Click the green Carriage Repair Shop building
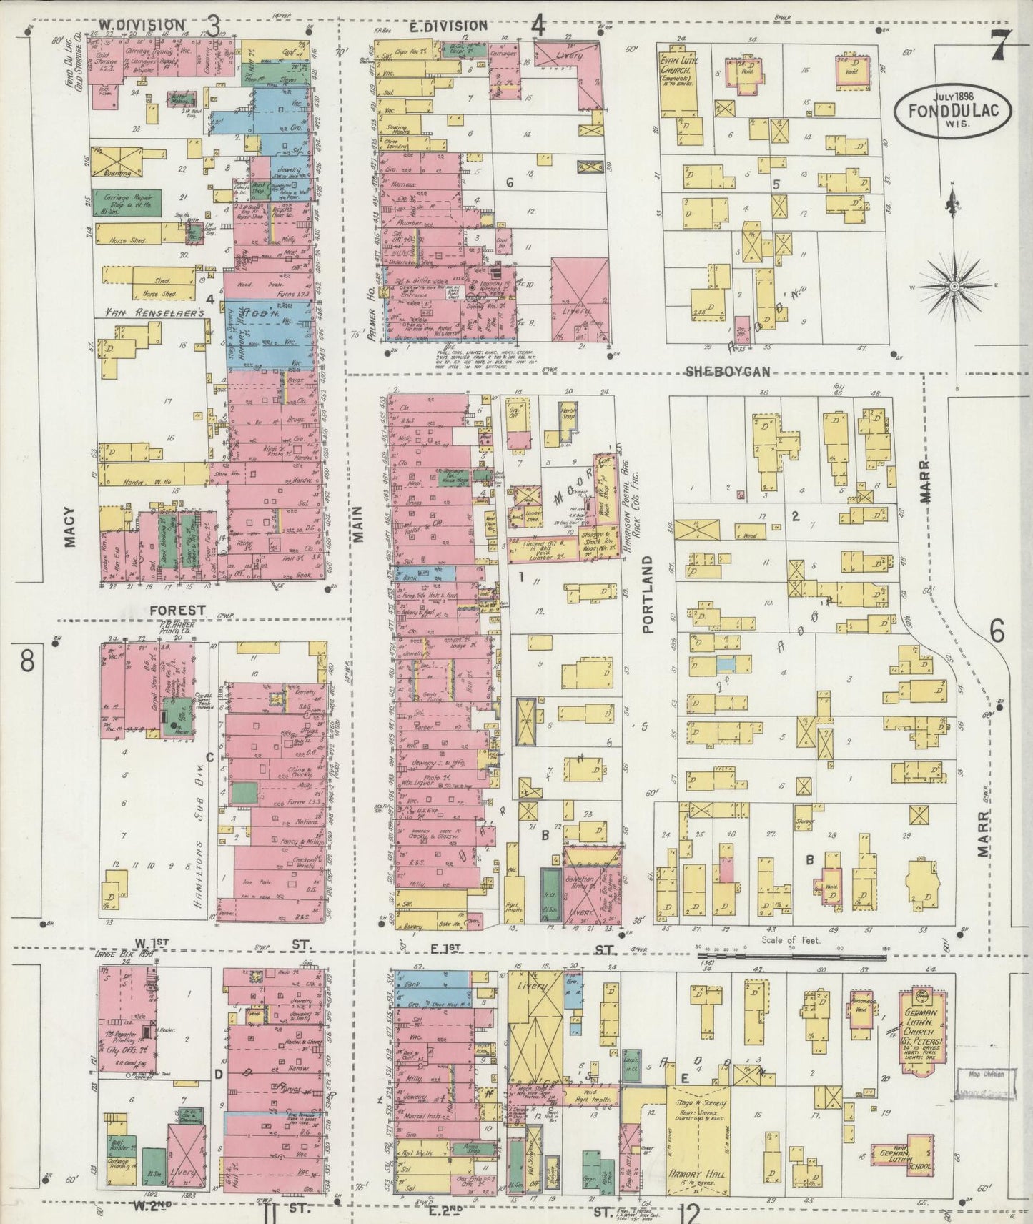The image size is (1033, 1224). click(126, 204)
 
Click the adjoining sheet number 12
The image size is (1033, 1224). click(689, 1210)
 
